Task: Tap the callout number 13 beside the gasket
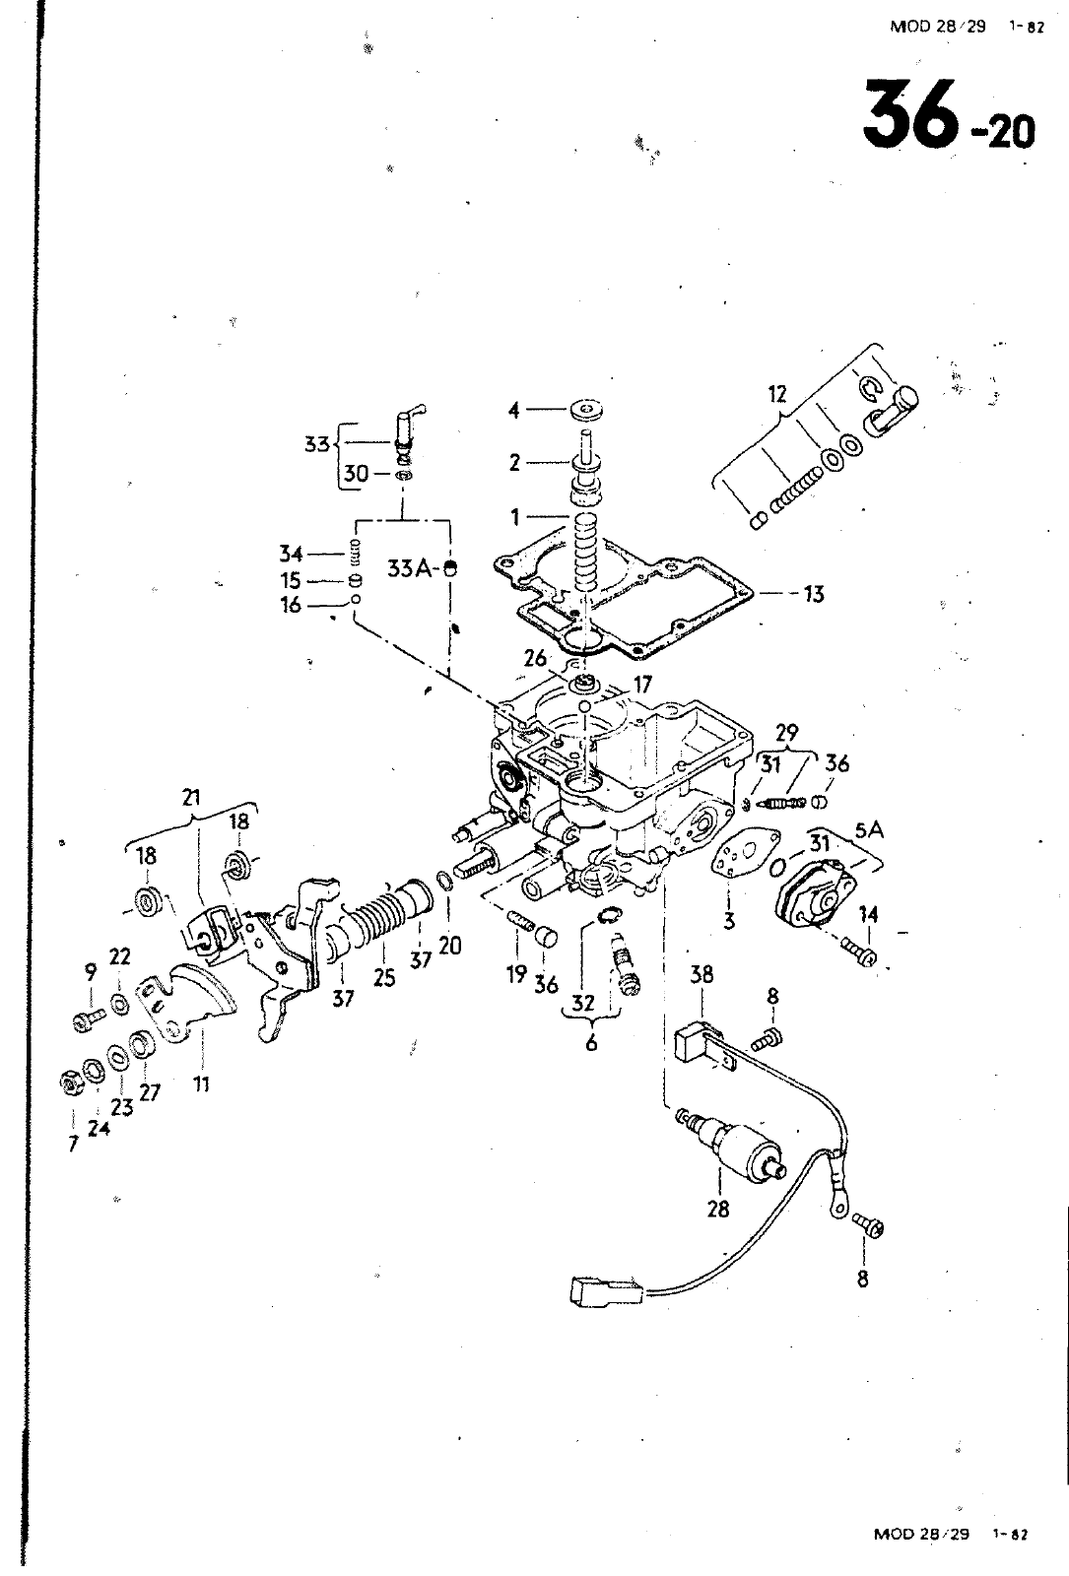[x=813, y=595]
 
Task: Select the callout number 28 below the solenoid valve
[x=718, y=1209]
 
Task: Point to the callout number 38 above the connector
[x=702, y=974]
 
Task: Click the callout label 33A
[x=412, y=567]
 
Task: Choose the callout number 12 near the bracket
[x=777, y=395]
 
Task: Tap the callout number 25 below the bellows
[x=384, y=977]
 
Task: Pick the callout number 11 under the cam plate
[x=202, y=1084]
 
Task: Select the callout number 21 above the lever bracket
[x=191, y=797]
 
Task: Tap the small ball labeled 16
[x=356, y=600]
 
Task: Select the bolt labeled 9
[x=88, y=1019]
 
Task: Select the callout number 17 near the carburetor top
[x=641, y=685]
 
